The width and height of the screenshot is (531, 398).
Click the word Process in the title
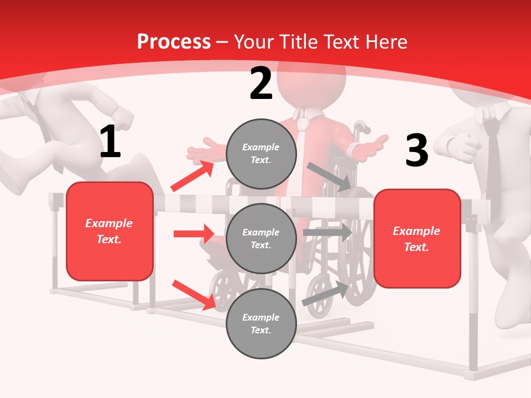point(173,42)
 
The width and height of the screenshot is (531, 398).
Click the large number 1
point(110,142)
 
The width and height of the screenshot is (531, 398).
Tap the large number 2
point(261,83)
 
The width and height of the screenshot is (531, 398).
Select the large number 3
point(417,151)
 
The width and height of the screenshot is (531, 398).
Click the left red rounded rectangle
point(110,231)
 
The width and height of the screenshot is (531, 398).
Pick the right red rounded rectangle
point(417,239)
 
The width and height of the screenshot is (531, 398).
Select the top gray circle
point(261,154)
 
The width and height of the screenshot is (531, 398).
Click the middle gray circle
point(261,239)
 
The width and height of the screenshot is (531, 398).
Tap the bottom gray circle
point(261,324)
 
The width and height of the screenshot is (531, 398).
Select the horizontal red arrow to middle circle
point(194,234)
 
